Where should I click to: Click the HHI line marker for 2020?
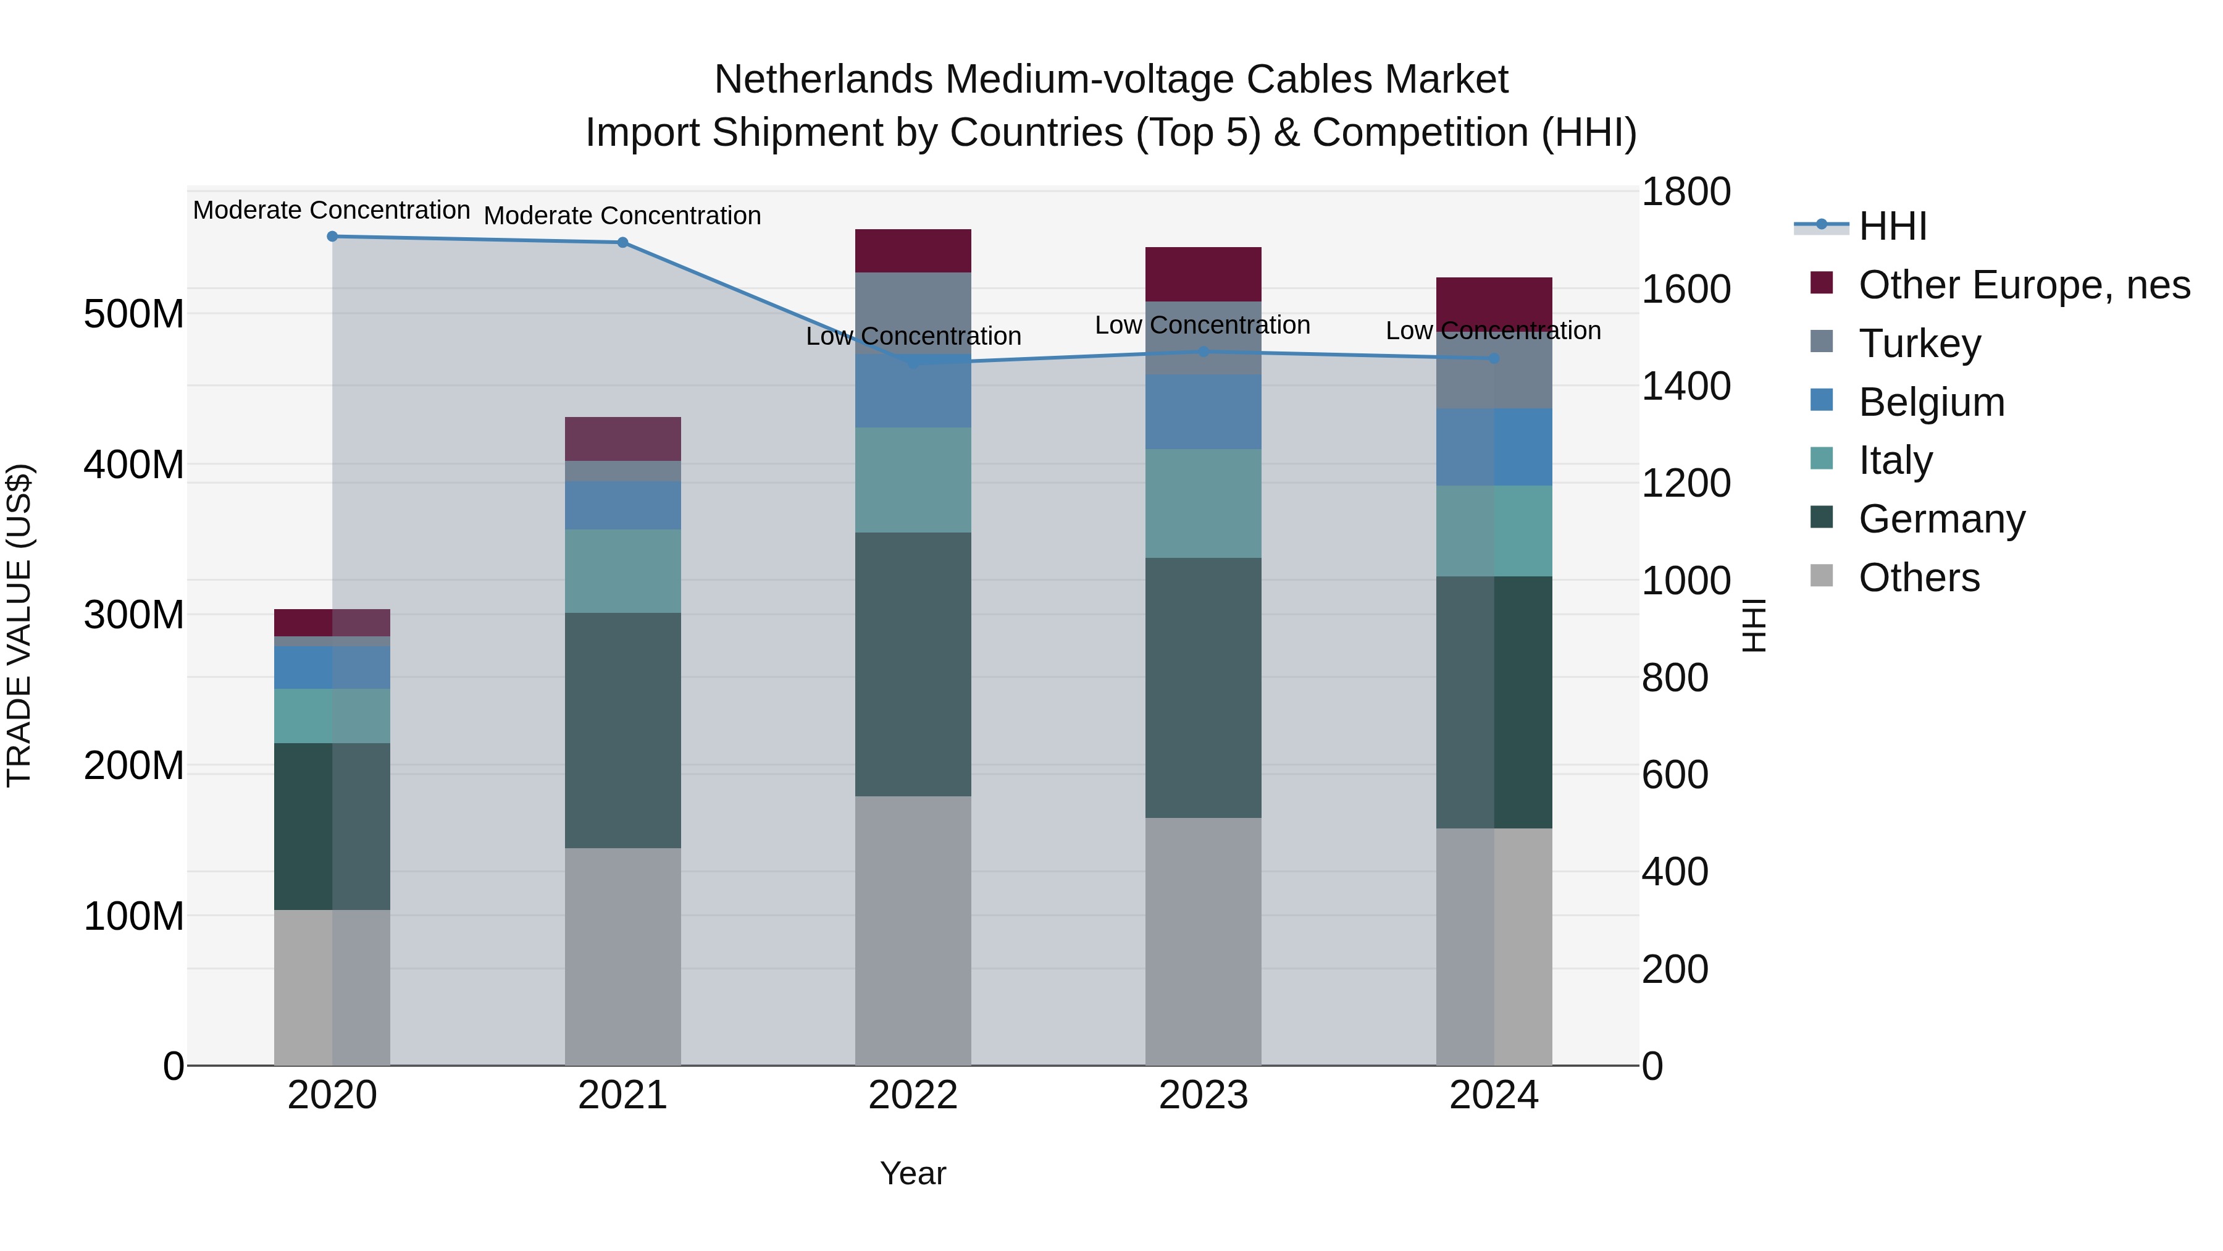tap(332, 237)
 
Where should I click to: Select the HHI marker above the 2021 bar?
tap(622, 243)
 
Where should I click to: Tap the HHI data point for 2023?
tap(1204, 352)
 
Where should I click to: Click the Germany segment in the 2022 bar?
tap(913, 664)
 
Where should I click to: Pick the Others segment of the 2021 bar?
tap(622, 956)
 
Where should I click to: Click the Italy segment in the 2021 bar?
tap(622, 571)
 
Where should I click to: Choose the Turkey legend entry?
tap(1919, 343)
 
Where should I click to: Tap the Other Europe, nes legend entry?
tap(2024, 285)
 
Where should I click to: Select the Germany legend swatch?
tap(1821, 517)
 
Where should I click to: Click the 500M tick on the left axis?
tap(134, 314)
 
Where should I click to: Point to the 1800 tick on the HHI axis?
tap(1685, 192)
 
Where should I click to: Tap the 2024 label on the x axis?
tap(1493, 1095)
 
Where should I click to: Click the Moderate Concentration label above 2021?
tap(622, 216)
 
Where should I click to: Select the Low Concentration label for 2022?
tap(913, 337)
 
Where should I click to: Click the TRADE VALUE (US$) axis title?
tap(20, 625)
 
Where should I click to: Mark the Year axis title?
tap(913, 1173)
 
